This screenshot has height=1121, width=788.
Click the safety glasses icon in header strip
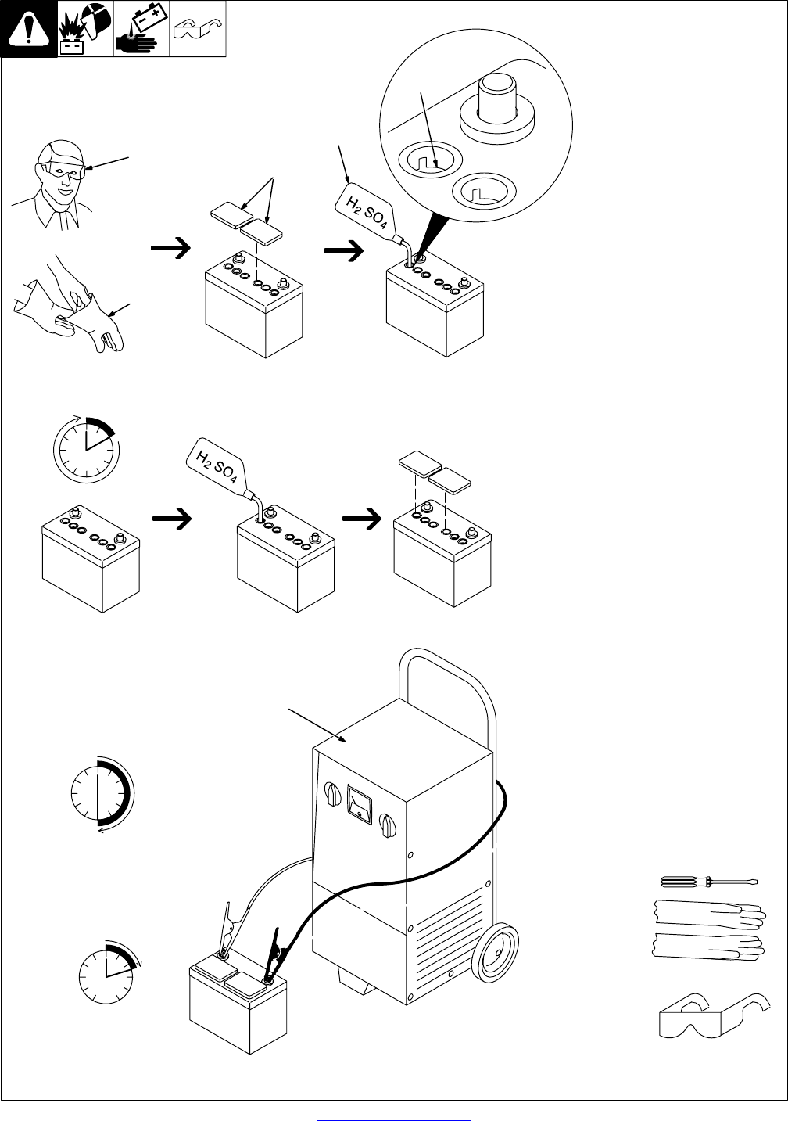198,29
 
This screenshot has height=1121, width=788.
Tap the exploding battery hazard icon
85,29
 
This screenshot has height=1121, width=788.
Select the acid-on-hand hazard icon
141,29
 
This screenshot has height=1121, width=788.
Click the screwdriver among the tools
707,882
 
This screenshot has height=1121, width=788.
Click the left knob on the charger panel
331,794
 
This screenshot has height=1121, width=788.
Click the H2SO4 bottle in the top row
364,208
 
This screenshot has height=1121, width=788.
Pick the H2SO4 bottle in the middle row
220,466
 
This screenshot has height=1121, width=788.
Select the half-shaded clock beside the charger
101,792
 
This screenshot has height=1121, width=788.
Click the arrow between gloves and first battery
171,248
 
